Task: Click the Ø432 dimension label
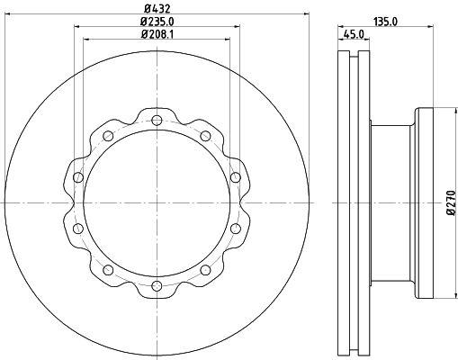(157, 9)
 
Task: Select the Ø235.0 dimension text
(157, 22)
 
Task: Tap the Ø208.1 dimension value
(157, 34)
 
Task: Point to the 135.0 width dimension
(385, 22)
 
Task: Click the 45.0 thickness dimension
(354, 34)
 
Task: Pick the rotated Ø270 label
(451, 202)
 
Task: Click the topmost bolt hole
(157, 121)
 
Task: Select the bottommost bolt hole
(157, 285)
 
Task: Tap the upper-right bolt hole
(205, 136)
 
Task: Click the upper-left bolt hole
(108, 136)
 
